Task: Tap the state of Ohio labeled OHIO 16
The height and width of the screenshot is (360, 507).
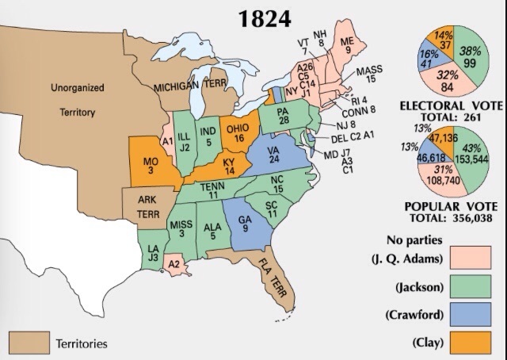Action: click(236, 132)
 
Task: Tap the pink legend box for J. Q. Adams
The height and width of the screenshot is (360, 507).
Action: click(471, 259)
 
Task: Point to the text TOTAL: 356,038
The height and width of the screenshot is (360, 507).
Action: click(455, 217)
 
